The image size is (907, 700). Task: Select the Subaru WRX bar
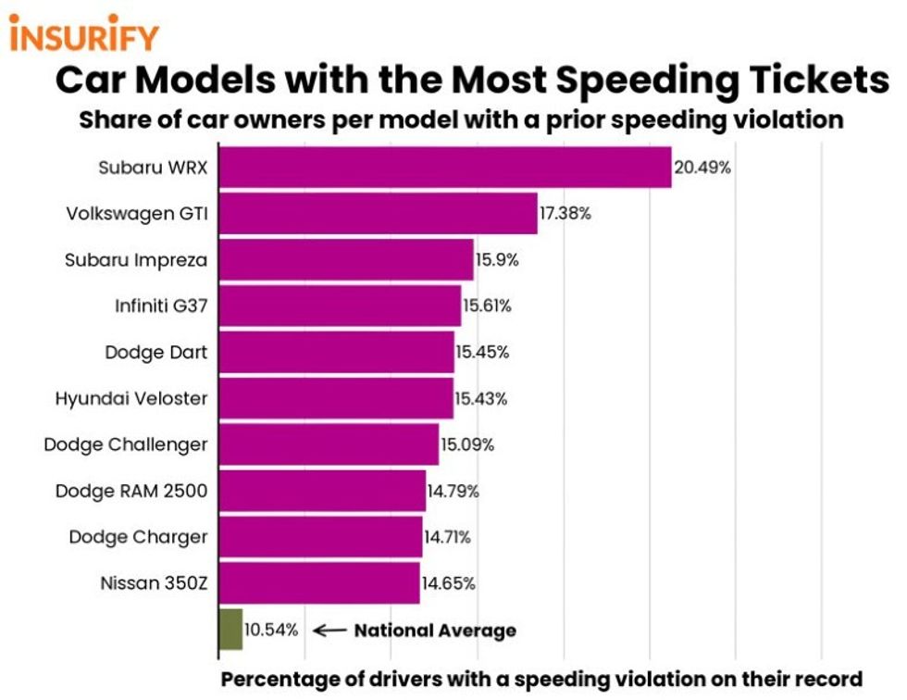(x=444, y=168)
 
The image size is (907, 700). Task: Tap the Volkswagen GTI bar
(x=378, y=214)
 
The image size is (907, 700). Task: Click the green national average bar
(x=230, y=630)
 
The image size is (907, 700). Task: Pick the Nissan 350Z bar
(x=318, y=583)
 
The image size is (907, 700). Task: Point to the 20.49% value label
(x=702, y=169)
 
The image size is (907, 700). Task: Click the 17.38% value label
(x=565, y=214)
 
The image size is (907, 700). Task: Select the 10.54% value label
(x=271, y=631)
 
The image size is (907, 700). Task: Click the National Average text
(x=435, y=631)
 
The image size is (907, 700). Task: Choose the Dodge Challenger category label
(x=126, y=444)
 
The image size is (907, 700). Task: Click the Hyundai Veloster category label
(x=131, y=398)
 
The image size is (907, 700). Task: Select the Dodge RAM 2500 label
(x=131, y=491)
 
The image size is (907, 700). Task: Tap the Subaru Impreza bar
(x=345, y=259)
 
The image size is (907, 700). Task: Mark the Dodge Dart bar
(x=336, y=352)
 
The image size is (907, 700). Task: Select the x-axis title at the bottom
(x=541, y=679)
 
